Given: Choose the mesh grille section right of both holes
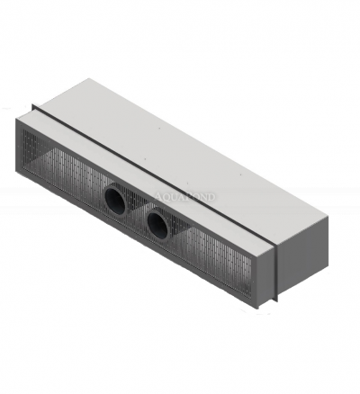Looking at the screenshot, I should tap(216, 252).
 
